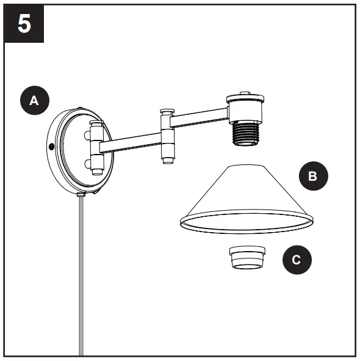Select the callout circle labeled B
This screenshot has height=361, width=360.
tap(313, 177)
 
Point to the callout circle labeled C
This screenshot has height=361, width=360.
tap(297, 260)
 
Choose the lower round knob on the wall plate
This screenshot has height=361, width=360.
tap(95, 164)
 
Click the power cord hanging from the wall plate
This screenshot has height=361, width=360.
tap(79, 275)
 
